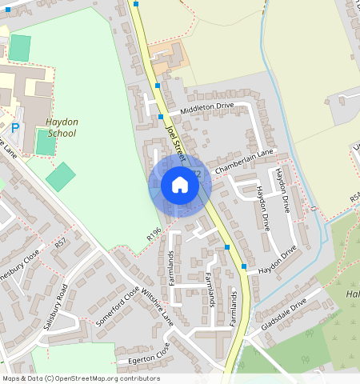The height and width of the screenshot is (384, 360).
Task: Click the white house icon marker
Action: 180,186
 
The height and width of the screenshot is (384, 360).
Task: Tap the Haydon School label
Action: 62,127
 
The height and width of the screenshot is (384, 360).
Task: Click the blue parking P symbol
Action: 14,127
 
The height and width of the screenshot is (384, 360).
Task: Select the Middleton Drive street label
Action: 207,106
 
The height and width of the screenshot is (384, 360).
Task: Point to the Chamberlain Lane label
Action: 244,158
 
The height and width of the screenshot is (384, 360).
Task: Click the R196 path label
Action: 154,234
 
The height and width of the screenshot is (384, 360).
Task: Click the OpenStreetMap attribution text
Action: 81,378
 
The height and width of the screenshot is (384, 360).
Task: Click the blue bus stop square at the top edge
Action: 136,4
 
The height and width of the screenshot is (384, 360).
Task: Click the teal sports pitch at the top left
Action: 20,46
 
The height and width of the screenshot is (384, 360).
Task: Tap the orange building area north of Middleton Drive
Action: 167,56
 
